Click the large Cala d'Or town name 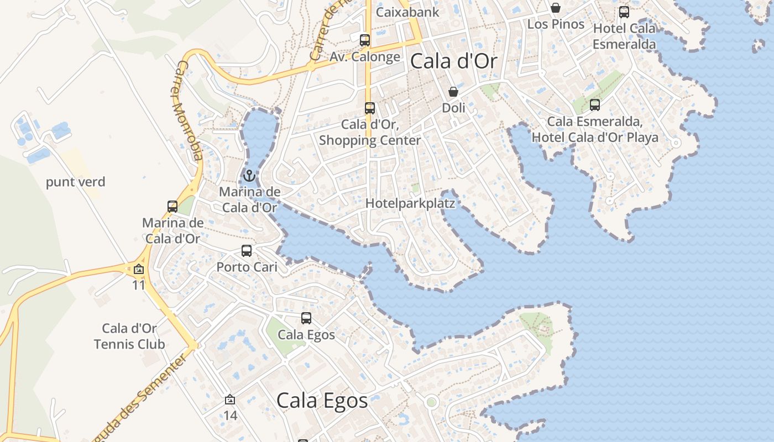point(453,61)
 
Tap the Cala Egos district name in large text point(322,401)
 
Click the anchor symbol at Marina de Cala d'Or point(249,176)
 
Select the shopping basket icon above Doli point(453,91)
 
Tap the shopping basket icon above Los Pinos point(556,8)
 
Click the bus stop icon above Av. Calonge point(365,40)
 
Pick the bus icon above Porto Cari point(247,251)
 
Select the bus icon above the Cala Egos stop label point(306,318)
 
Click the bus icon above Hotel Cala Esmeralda point(624,12)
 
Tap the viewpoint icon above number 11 point(138,270)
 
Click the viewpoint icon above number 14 point(230,399)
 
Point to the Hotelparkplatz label point(410,203)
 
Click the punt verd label point(75,182)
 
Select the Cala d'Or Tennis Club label point(129,336)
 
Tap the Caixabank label point(407,12)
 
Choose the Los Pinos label point(556,24)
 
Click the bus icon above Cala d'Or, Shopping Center point(370,108)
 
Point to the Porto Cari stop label point(247,267)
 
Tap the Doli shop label point(453,108)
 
